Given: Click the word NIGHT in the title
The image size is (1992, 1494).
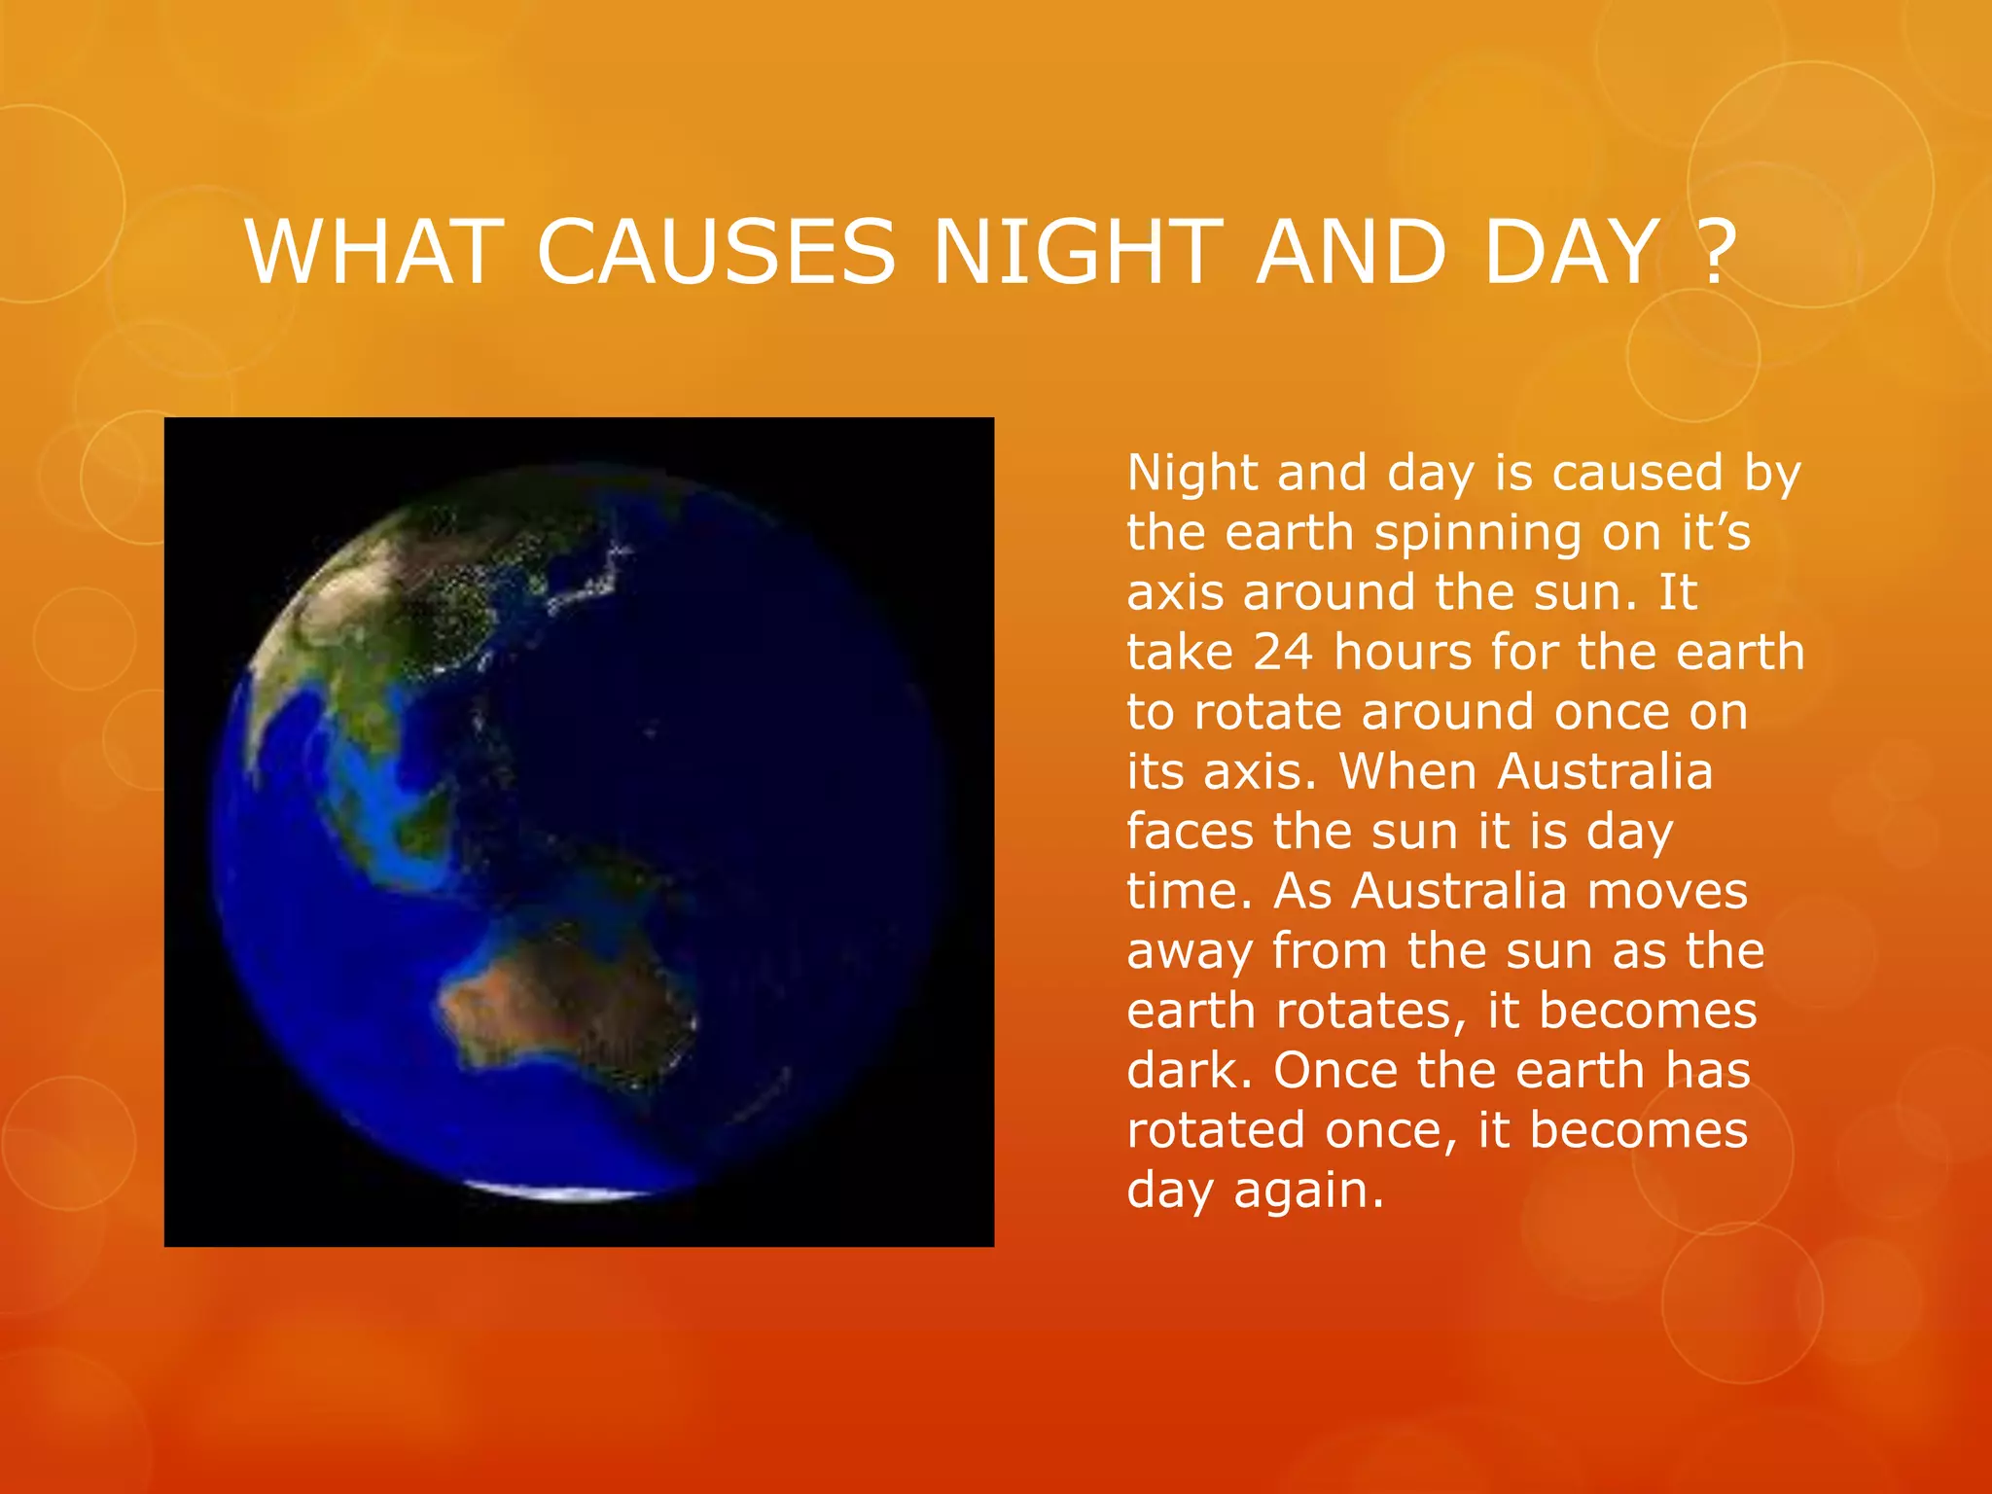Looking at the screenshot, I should click(x=1076, y=253).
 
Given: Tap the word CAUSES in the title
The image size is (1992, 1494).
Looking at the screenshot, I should click(x=715, y=253).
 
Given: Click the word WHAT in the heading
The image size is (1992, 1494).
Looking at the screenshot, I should click(x=374, y=253).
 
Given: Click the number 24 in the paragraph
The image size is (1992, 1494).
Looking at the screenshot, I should click(x=1282, y=653).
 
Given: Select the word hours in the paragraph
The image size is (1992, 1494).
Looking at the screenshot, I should click(x=1402, y=652).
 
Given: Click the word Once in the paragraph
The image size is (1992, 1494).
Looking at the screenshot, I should click(x=1334, y=1071).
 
